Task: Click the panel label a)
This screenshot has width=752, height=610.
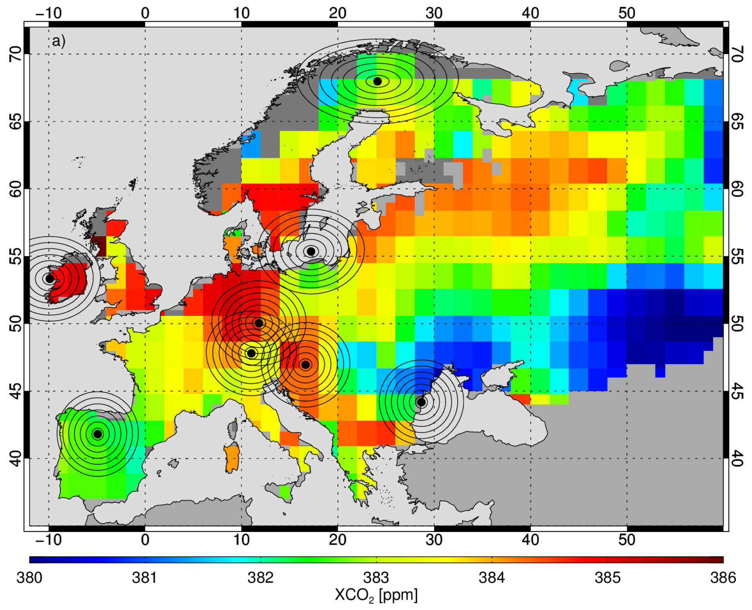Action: (x=59, y=41)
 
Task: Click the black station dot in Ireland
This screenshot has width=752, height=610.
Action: (x=50, y=279)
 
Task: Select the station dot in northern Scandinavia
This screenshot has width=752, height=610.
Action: (x=377, y=81)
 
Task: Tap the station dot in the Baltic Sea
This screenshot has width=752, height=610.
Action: (x=311, y=251)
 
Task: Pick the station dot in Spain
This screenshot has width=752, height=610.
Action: (x=98, y=434)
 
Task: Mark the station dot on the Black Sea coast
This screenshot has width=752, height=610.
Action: (x=421, y=402)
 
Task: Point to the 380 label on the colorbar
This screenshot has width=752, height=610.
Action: (x=29, y=577)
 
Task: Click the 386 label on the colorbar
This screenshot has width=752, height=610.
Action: (x=723, y=577)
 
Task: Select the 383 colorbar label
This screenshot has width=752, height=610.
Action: (x=376, y=577)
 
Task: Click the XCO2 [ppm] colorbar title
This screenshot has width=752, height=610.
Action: (x=376, y=595)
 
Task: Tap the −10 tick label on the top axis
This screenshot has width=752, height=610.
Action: (x=49, y=13)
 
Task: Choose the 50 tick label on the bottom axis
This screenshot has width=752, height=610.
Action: (x=627, y=540)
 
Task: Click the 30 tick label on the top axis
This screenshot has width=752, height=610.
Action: (x=434, y=13)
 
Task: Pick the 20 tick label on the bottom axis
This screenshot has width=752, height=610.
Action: (x=338, y=540)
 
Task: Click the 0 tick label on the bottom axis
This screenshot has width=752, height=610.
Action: (x=145, y=540)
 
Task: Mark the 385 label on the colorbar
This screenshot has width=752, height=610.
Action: (x=607, y=577)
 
